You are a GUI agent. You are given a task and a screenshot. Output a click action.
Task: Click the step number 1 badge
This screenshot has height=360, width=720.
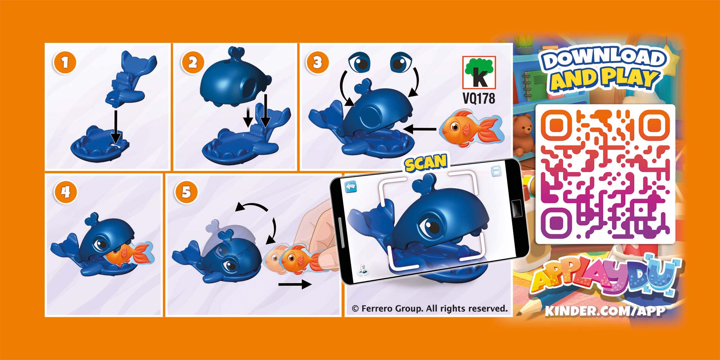pos(65,63)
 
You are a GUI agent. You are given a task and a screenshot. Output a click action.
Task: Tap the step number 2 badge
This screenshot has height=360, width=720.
pos(193,63)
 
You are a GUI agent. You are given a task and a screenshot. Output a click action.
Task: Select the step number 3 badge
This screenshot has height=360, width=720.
pos(317,63)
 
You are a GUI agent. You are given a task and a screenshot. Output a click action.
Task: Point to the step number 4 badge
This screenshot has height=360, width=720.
pos(65,193)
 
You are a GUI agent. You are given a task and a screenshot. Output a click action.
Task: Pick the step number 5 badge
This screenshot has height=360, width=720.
pos(186,193)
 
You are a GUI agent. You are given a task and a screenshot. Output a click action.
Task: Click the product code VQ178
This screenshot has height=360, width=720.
pos(479,98)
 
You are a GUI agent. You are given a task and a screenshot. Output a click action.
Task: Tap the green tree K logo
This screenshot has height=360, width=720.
pos(479,72)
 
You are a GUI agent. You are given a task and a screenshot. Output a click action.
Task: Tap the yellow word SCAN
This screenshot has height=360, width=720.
pos(426,162)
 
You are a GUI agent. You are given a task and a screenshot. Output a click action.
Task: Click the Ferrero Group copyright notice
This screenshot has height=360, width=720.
pos(429,309)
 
